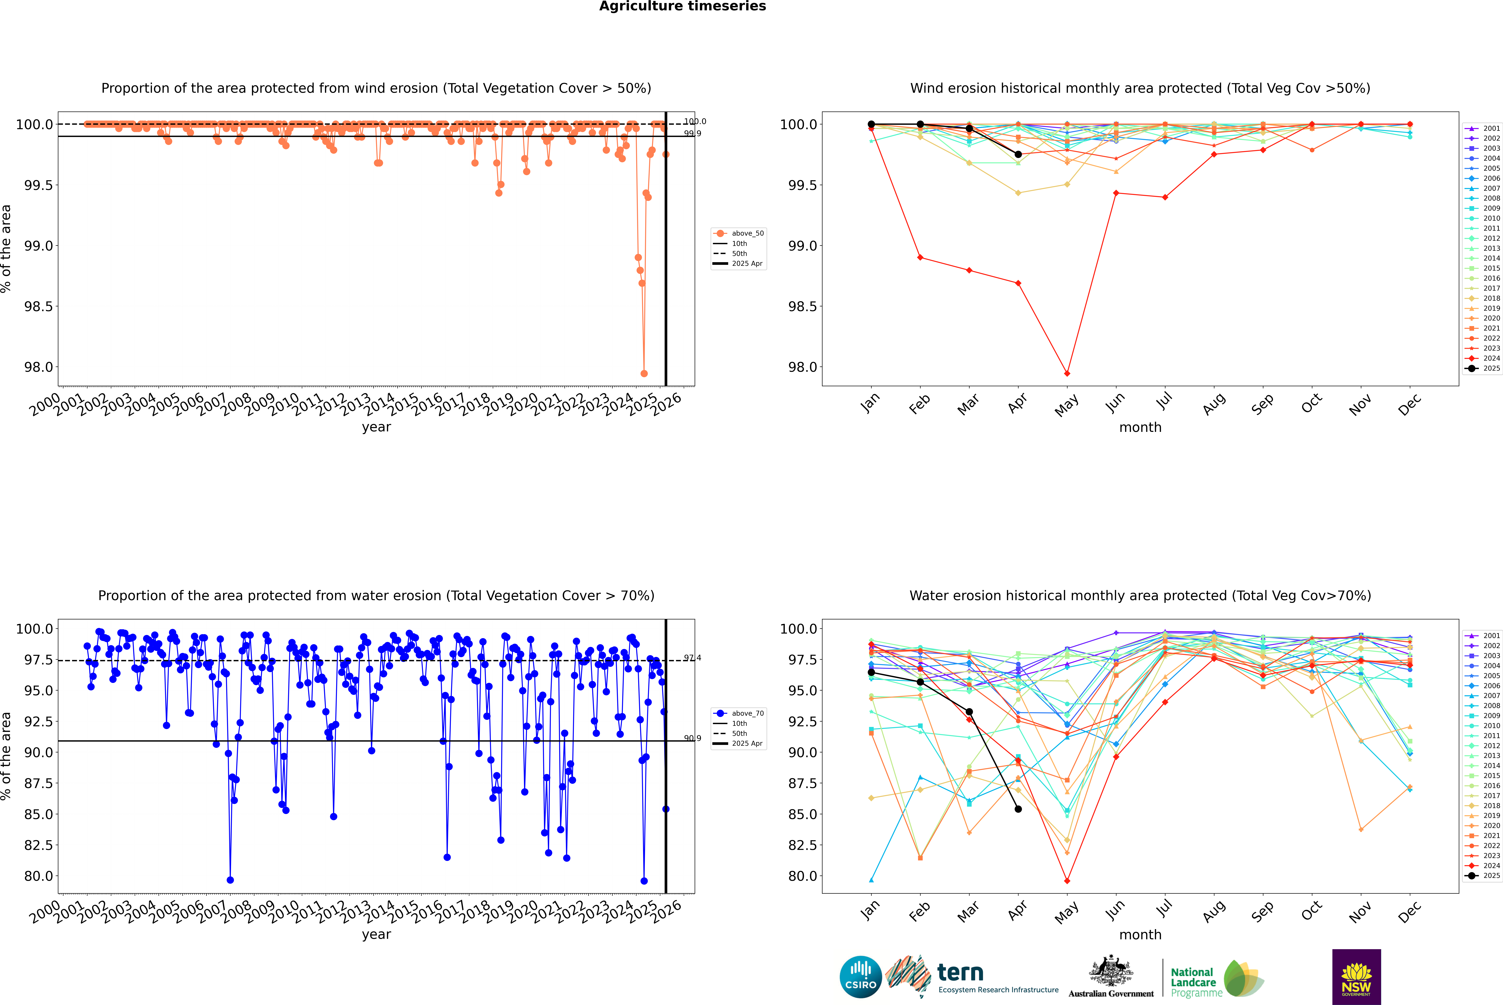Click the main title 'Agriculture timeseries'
(682, 6)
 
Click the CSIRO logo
(860, 977)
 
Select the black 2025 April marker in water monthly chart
(1018, 809)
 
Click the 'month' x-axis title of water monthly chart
(1140, 935)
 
